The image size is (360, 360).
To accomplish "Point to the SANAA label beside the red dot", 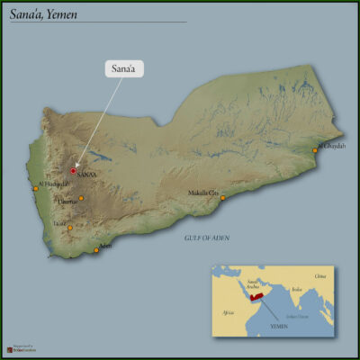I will pos(88,175).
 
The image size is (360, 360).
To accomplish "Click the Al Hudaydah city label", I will pos(53,184).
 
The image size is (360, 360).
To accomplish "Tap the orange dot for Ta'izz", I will pos(69,228).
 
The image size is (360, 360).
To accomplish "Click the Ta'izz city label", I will pos(59,222).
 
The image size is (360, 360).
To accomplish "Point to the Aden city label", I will pos(105,246).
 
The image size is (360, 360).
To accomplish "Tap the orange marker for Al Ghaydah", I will pos(315,149).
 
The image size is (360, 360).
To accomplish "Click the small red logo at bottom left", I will pos(8,348).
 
